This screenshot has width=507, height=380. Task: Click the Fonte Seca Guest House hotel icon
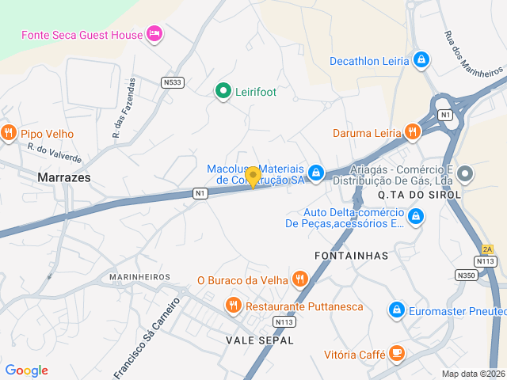click(x=154, y=34)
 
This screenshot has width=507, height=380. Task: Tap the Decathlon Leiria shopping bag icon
click(x=421, y=59)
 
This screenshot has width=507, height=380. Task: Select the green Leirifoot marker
click(x=223, y=92)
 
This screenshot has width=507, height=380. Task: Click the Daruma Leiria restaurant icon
click(x=411, y=132)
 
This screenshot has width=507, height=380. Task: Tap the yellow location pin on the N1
click(x=253, y=177)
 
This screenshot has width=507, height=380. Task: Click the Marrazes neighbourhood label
click(x=63, y=178)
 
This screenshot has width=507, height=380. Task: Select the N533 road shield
click(x=172, y=82)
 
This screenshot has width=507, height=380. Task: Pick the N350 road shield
click(x=467, y=275)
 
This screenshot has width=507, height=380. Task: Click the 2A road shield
click(x=487, y=249)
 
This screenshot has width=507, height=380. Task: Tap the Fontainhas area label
click(x=351, y=256)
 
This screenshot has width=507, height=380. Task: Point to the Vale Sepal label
click(x=260, y=340)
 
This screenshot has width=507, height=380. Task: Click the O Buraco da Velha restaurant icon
click(x=299, y=279)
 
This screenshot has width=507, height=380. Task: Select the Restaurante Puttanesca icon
click(x=233, y=306)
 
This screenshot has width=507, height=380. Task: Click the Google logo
click(x=26, y=370)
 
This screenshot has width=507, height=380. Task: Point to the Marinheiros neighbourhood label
click(x=141, y=276)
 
